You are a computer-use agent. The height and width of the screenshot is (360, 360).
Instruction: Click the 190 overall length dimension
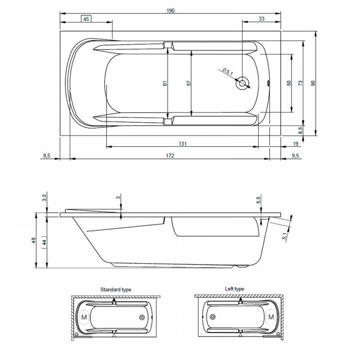click(171, 10)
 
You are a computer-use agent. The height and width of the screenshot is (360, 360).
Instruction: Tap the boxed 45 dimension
click(86, 19)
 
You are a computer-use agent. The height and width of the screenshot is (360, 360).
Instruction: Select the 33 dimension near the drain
click(261, 19)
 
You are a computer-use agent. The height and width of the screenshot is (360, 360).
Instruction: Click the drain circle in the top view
click(242, 83)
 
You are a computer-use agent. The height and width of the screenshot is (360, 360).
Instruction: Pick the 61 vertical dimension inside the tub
click(165, 83)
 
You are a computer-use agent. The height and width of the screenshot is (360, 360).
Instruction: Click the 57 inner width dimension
click(189, 83)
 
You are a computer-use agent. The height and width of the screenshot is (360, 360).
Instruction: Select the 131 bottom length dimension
click(183, 144)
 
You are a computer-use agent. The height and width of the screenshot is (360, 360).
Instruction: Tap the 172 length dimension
click(170, 156)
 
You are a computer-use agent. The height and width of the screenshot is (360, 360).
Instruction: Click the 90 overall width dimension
click(313, 83)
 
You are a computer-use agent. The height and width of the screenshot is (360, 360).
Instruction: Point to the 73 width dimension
click(300, 83)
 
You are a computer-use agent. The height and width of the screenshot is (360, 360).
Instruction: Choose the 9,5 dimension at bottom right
click(296, 156)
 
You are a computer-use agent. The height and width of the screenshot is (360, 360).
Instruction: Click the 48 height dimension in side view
click(33, 240)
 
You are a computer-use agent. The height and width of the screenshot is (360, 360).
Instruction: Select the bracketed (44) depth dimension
click(44, 242)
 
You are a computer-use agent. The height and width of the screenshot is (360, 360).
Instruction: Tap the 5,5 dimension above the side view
click(259, 200)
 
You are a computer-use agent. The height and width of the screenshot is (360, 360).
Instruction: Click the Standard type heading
click(116, 289)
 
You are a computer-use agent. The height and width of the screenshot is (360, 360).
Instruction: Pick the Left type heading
click(234, 289)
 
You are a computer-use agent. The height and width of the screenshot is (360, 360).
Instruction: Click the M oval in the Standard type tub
click(84, 317)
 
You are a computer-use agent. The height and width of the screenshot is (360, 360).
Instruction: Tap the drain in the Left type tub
click(213, 317)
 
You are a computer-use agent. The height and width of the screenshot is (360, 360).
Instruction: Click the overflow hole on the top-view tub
click(269, 83)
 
